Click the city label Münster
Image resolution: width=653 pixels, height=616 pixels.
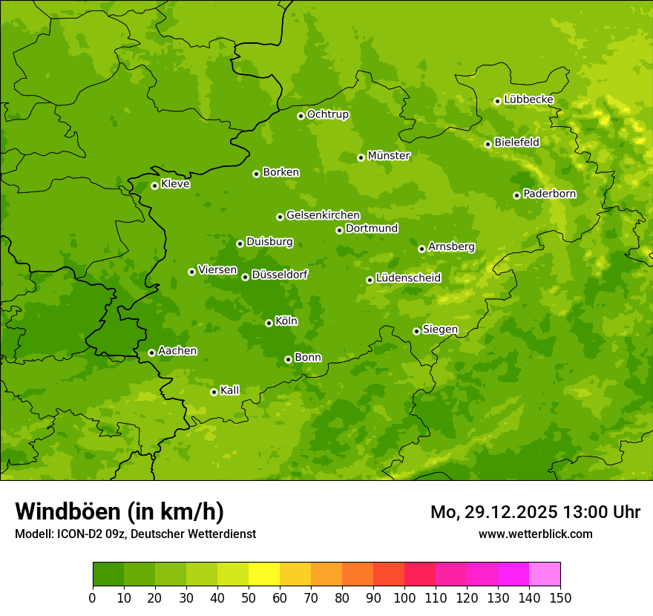[389, 156]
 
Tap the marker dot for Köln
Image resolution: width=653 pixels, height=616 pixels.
[269, 323]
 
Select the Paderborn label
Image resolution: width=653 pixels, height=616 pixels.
[549, 194]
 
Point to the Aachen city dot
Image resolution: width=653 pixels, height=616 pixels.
[151, 353]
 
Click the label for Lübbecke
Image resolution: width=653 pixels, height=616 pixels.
[528, 99]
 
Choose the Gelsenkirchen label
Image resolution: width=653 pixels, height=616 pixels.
[323, 215]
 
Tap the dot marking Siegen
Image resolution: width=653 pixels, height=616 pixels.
[416, 331]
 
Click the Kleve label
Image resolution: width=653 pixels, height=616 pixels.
[175, 184]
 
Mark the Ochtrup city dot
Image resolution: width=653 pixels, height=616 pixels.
[301, 115]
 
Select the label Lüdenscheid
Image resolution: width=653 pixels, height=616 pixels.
[408, 278]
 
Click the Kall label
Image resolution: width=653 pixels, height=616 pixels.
[229, 390]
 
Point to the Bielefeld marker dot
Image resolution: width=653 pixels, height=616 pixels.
[488, 144]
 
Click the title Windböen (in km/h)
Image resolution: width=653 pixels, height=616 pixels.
[119, 511]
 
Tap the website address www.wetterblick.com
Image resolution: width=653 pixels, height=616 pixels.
[535, 534]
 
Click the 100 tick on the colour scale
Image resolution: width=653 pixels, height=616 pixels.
[404, 597]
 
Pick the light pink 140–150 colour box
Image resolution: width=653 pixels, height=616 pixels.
[545, 574]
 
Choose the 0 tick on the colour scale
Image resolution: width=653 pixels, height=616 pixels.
[93, 597]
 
